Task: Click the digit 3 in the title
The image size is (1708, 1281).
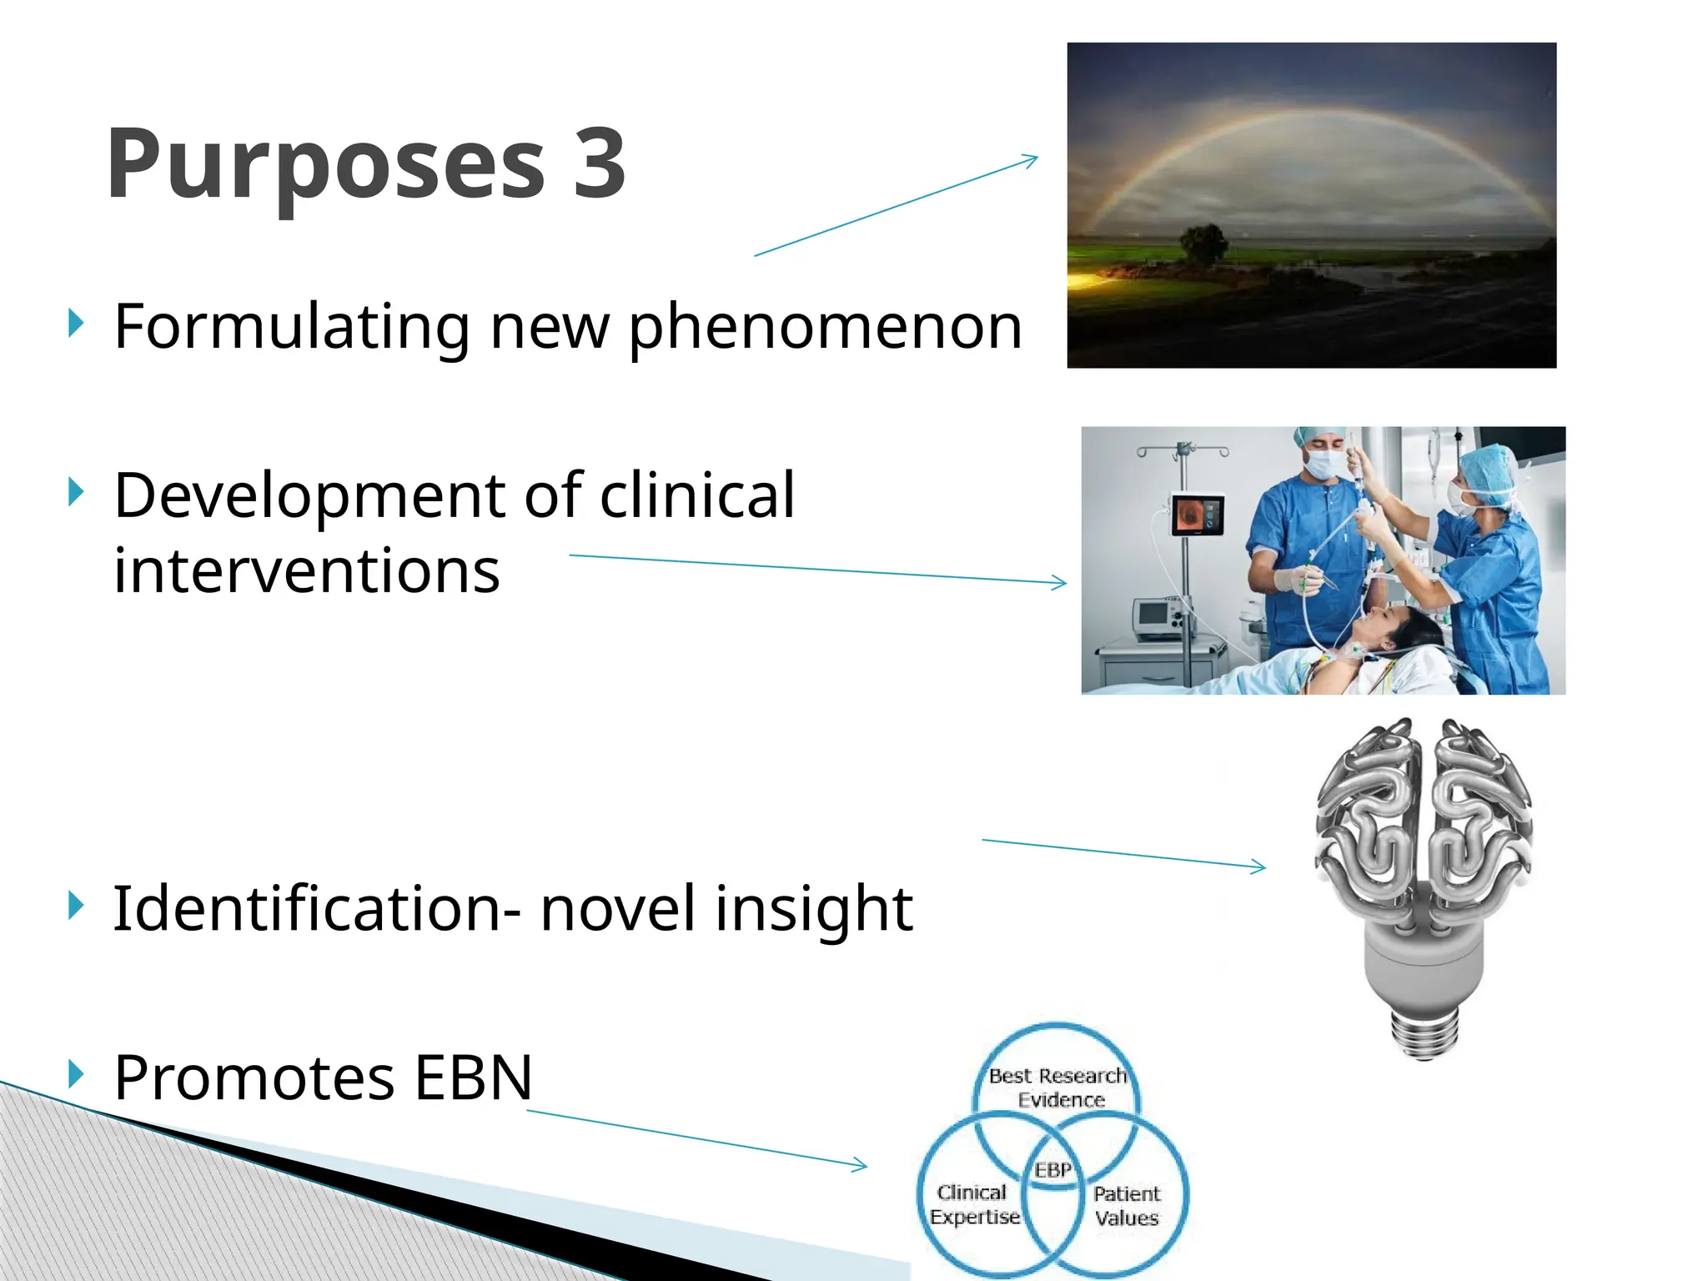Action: coord(599,163)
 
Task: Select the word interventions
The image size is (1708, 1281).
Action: coord(306,571)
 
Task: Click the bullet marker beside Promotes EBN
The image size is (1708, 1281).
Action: coord(76,1074)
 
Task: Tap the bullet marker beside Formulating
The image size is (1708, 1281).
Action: coord(76,324)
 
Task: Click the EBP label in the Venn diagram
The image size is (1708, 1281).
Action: coord(1052,1170)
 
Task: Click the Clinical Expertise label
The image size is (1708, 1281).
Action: coord(973,1204)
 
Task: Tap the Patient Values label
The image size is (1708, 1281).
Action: coord(1127,1206)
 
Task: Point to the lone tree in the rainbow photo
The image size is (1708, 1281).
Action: coord(1203,244)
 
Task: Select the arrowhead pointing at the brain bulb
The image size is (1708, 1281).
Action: coord(1260,867)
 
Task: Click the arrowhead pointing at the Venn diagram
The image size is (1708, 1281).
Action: coord(862,1165)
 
